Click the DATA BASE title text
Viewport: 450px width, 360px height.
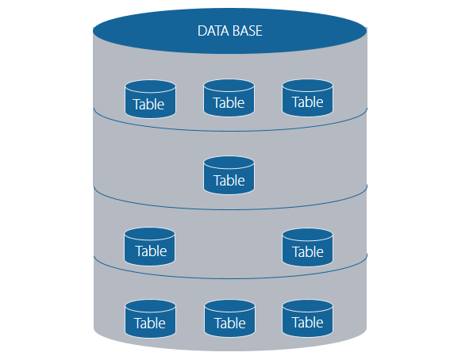coord(229,32)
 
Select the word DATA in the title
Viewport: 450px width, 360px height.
coord(213,32)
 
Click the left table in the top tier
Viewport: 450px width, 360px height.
coord(150,99)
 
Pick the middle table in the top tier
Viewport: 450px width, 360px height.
coord(229,98)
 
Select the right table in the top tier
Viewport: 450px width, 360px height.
coord(307,98)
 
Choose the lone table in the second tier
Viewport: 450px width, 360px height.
coord(229,175)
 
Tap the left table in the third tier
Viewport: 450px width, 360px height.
coord(150,247)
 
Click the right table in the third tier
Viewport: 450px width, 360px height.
coord(307,247)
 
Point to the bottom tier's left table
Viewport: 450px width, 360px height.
coord(150,318)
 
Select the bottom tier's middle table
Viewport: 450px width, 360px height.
coord(229,318)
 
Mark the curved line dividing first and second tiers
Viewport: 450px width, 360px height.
coord(229,130)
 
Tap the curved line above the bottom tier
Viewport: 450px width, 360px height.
coord(229,278)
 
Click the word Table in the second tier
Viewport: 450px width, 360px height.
coord(229,181)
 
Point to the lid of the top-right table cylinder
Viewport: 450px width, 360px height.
coord(307,85)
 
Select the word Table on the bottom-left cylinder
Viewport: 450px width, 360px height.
coord(150,324)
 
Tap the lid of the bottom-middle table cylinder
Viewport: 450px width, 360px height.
coord(229,305)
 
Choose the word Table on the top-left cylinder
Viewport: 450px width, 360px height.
coord(150,104)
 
